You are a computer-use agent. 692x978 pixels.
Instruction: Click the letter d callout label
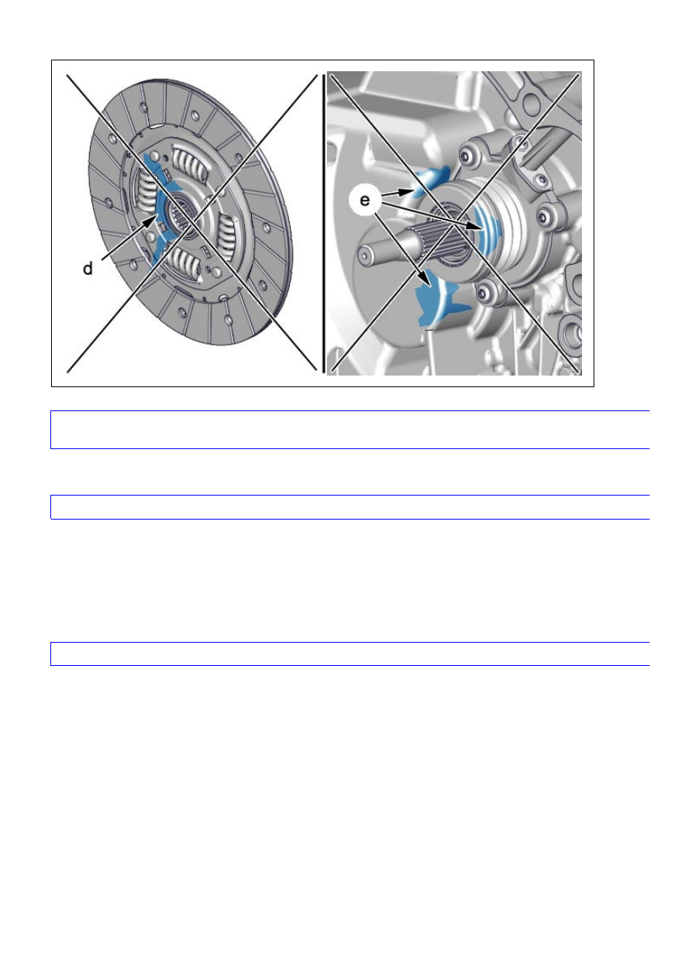tap(88, 268)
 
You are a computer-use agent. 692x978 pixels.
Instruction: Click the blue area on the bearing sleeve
tap(484, 232)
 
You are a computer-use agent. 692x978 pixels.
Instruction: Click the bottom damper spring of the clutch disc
tap(186, 263)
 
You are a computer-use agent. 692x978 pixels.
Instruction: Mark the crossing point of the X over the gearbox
tap(454, 221)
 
